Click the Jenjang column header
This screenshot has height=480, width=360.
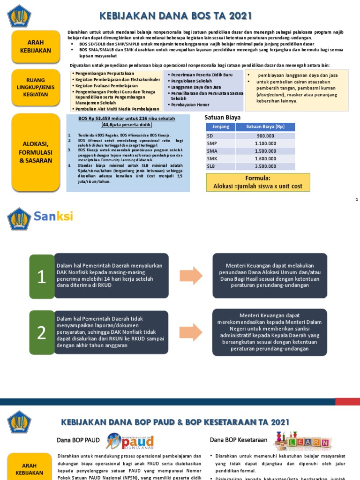point(220,127)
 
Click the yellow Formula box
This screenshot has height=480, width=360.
point(258,182)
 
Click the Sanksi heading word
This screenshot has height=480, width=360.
point(53,217)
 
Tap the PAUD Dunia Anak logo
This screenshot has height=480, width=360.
point(129,441)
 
